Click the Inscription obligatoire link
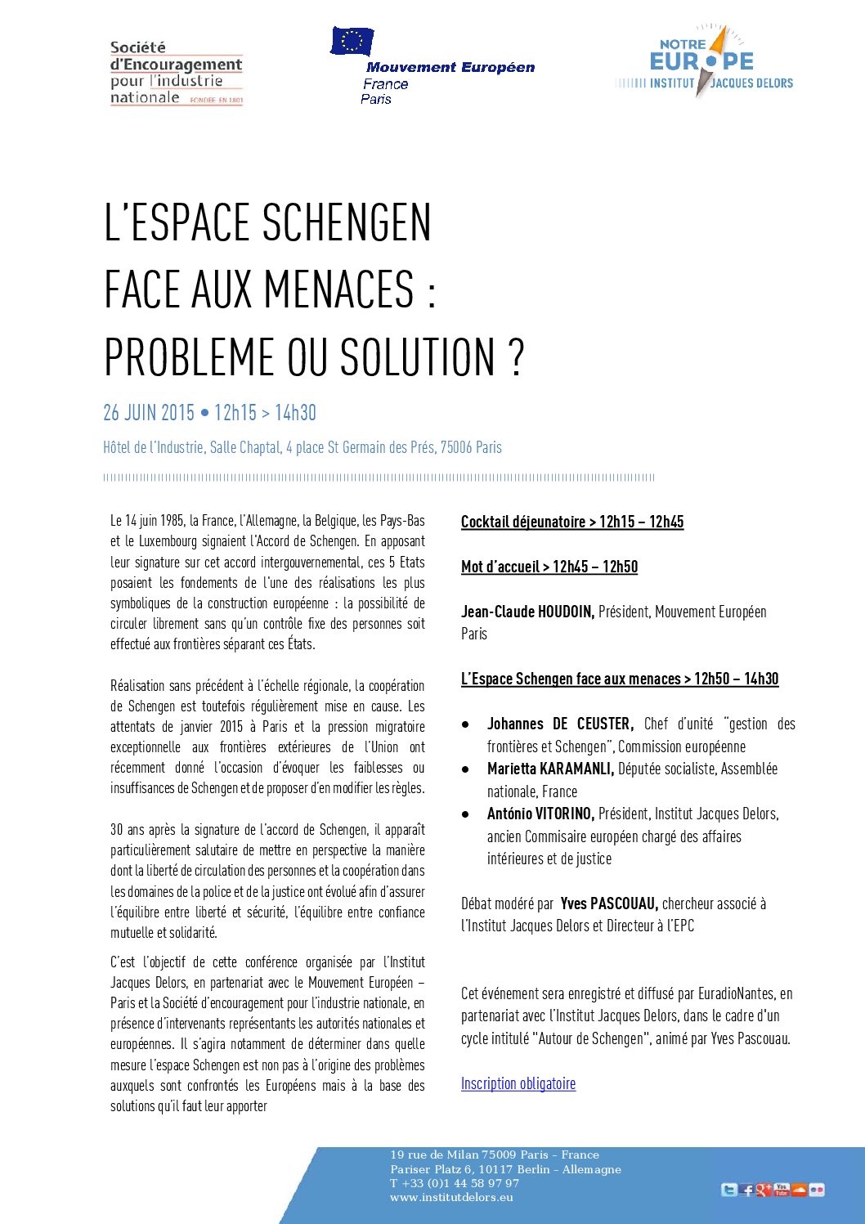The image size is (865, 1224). click(518, 1083)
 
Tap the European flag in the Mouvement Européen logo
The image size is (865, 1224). click(352, 41)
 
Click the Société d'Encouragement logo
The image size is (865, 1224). click(177, 73)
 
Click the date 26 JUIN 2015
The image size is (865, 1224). click(149, 413)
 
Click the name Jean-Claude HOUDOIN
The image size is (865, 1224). click(527, 612)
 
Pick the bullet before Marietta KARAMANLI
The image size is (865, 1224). click(465, 769)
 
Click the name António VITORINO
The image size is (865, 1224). click(540, 814)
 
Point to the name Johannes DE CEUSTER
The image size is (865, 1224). click(560, 724)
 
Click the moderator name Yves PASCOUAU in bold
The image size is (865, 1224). click(609, 903)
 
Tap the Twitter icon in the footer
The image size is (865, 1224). click(728, 1190)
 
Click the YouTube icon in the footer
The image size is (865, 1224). click(782, 1189)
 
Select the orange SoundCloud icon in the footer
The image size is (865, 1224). click(799, 1190)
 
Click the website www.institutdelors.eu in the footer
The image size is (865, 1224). click(451, 1197)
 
